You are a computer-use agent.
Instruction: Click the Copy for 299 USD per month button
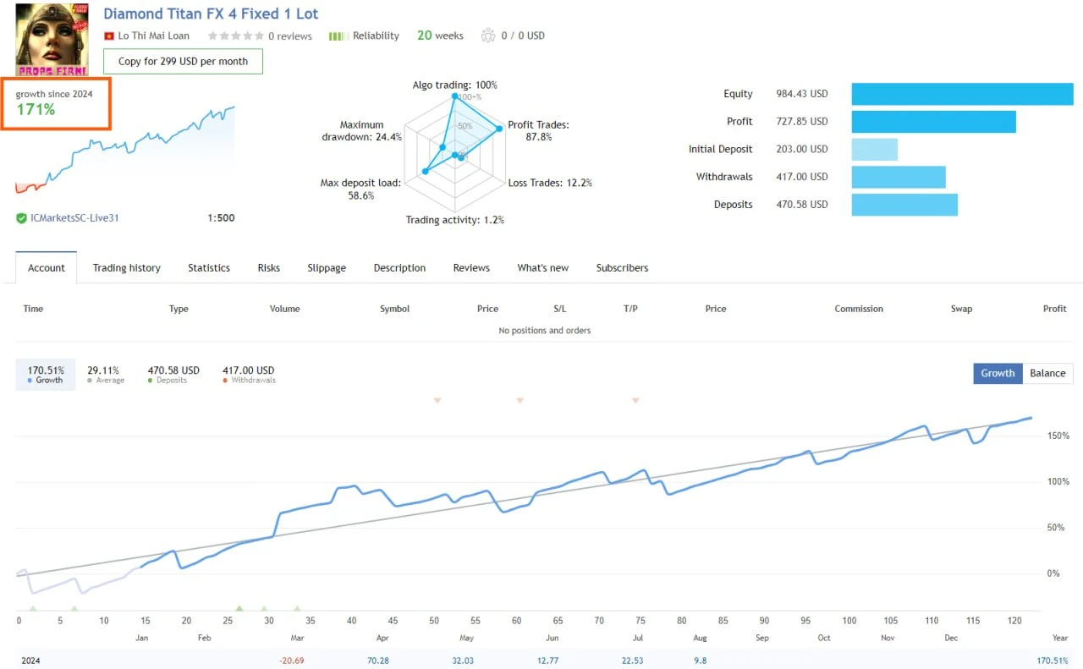[x=183, y=61]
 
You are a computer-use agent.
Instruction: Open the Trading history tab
[x=126, y=268]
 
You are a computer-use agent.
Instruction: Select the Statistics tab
[x=209, y=268]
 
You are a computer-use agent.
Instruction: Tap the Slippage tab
[x=327, y=268]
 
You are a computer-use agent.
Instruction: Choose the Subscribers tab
[x=622, y=268]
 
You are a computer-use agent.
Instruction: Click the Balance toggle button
[x=1047, y=373]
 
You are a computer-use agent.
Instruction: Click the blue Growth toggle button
[x=998, y=373]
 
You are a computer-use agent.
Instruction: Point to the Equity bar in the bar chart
[x=962, y=94]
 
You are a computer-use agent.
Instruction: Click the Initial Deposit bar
[x=874, y=150]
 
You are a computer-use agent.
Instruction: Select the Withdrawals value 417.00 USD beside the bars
[x=802, y=177]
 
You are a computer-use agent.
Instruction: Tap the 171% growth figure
[x=36, y=110]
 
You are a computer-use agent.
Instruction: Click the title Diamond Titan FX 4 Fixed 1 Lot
[x=211, y=14]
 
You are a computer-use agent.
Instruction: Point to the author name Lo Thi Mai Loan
[x=153, y=36]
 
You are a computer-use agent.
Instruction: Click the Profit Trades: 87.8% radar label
[x=538, y=131]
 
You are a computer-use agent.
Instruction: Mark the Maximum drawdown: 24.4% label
[x=362, y=130]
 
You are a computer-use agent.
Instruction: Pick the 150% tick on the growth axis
[x=1058, y=436]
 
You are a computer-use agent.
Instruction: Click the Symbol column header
[x=394, y=309]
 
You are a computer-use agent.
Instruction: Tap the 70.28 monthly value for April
[x=377, y=661]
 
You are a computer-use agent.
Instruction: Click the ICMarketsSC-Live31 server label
[x=74, y=218]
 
